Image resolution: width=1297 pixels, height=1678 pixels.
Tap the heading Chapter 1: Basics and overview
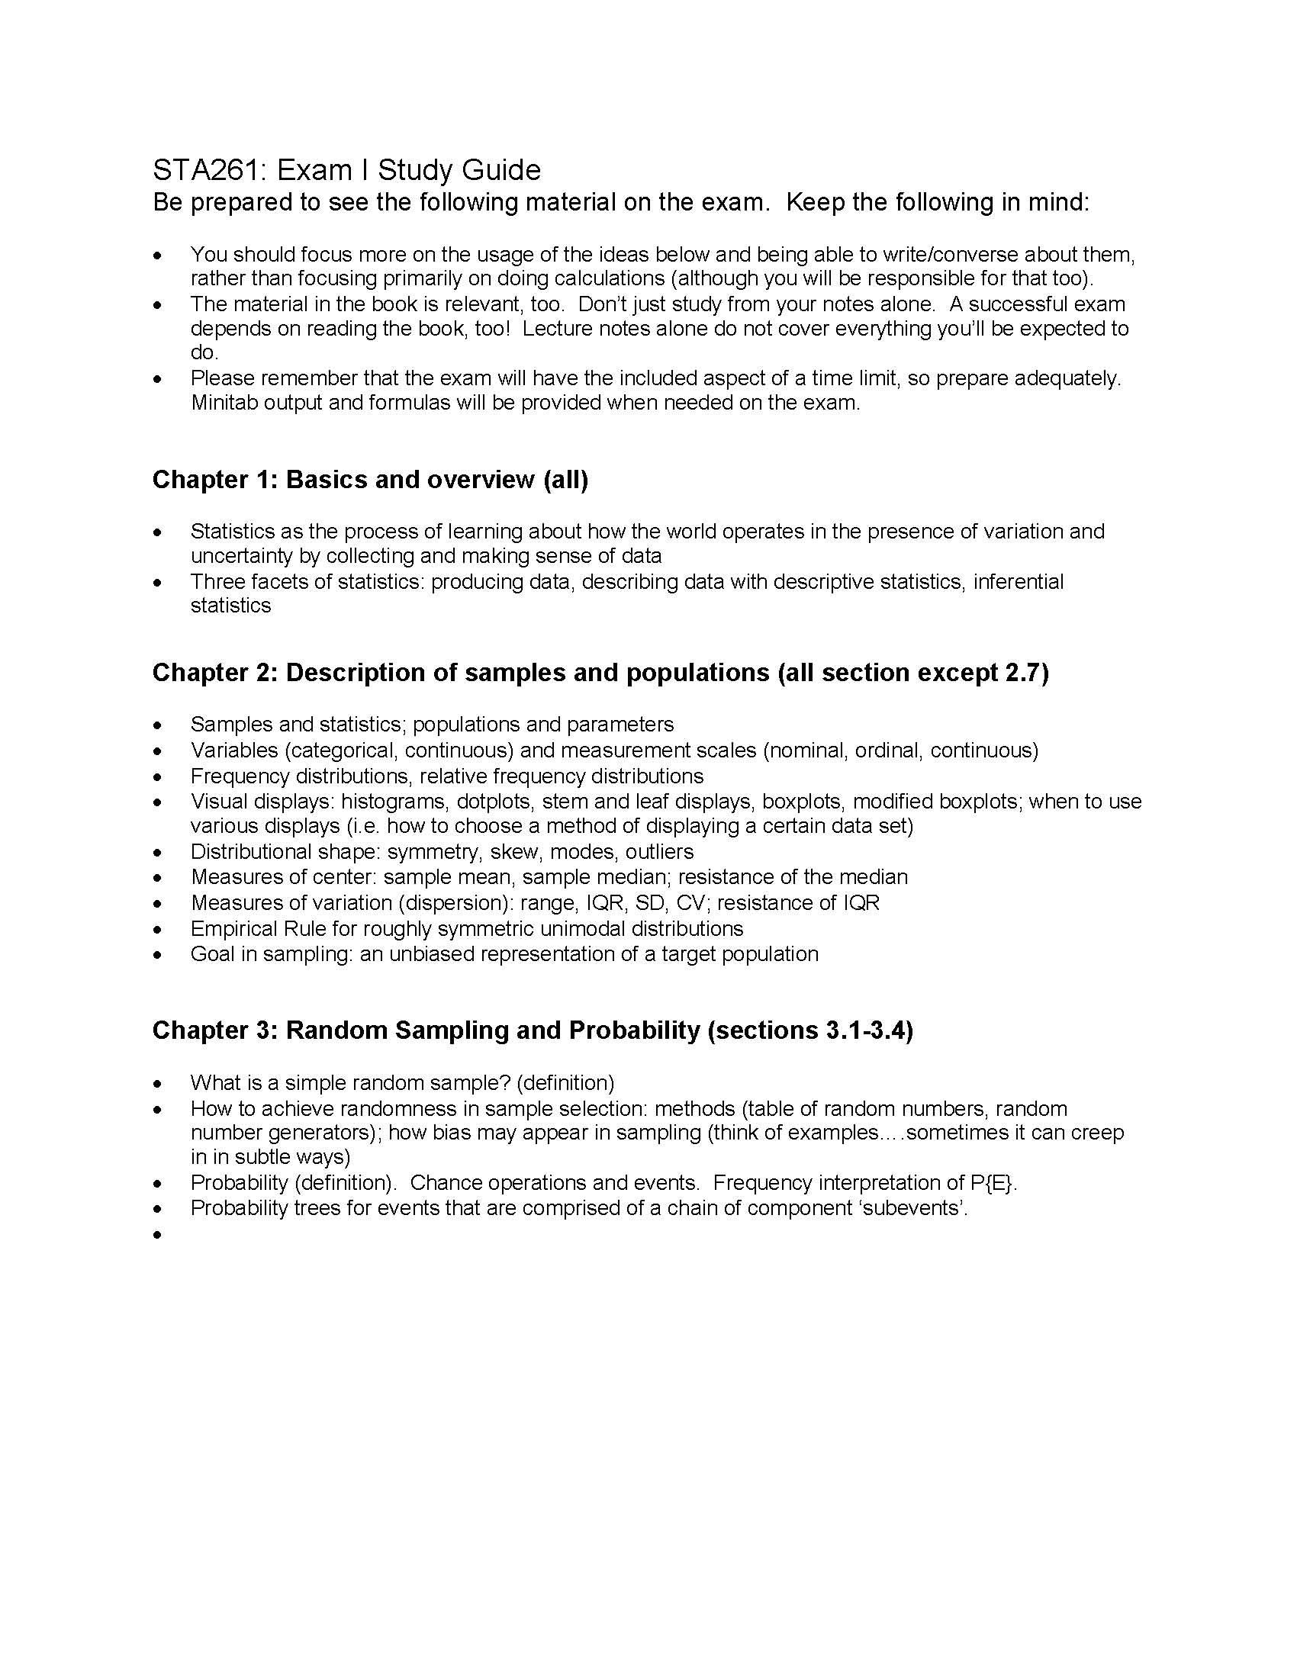click(369, 480)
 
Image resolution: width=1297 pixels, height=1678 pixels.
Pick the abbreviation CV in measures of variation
click(689, 902)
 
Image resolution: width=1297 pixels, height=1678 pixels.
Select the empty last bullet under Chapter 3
click(157, 1235)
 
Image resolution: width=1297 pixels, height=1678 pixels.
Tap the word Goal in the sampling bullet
click(212, 953)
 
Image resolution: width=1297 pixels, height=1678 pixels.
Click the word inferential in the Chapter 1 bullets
click(1018, 582)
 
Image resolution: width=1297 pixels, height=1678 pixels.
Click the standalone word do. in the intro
click(204, 352)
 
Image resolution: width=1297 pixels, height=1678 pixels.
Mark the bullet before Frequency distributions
click(157, 776)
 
